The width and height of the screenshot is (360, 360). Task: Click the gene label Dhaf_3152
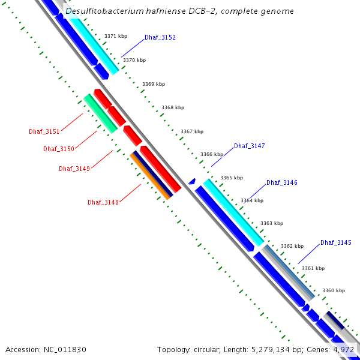(x=160, y=37)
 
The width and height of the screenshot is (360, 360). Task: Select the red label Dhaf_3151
(x=44, y=131)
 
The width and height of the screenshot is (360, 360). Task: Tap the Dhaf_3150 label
(x=58, y=149)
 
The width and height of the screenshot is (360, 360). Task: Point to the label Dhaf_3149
(x=74, y=169)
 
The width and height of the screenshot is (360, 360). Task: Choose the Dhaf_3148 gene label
(x=103, y=202)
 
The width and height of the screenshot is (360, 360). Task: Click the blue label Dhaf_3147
(x=249, y=146)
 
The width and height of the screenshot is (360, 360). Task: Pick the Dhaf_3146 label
(x=281, y=182)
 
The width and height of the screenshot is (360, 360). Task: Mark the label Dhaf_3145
(x=335, y=242)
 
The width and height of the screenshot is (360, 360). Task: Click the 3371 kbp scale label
(x=115, y=36)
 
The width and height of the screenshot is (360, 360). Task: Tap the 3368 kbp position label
(x=172, y=107)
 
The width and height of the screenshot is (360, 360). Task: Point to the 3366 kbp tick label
(x=211, y=154)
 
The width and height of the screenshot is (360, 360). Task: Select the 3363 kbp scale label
(x=271, y=223)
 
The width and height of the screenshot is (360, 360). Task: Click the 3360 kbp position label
(x=333, y=290)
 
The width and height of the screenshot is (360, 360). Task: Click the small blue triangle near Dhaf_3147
(x=192, y=181)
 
